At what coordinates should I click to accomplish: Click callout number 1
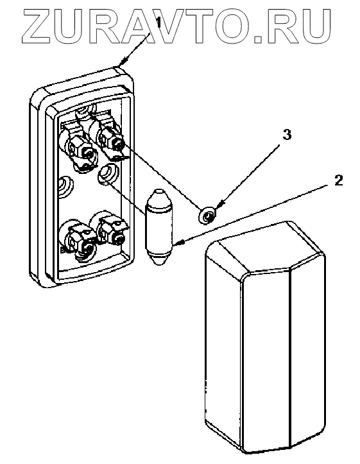pyautogui.click(x=159, y=22)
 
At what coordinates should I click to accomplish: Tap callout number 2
pyautogui.click(x=339, y=180)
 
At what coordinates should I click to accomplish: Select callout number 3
pyautogui.click(x=287, y=134)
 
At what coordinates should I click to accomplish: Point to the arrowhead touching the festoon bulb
pyautogui.click(x=179, y=243)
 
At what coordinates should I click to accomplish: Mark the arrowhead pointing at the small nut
pyautogui.click(x=220, y=204)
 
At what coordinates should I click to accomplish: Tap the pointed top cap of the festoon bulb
pyautogui.click(x=159, y=195)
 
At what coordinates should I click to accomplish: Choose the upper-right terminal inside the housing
pyautogui.click(x=112, y=137)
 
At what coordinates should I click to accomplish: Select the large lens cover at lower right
pyautogui.click(x=265, y=338)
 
